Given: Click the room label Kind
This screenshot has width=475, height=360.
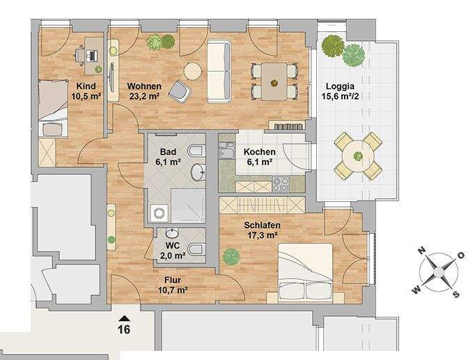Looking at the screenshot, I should click(x=86, y=86).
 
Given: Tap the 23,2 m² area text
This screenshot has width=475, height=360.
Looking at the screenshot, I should click(x=144, y=97).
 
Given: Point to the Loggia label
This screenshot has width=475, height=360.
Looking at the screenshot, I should click(x=340, y=87).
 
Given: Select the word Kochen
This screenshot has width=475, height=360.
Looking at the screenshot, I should click(x=259, y=152).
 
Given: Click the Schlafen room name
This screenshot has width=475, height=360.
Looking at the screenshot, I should click(x=263, y=225).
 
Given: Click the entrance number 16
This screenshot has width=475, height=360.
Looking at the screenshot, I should click(x=125, y=329).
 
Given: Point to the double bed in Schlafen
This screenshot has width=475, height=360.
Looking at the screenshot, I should click(x=310, y=274).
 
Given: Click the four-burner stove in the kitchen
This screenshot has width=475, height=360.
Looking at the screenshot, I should click(x=281, y=184).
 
